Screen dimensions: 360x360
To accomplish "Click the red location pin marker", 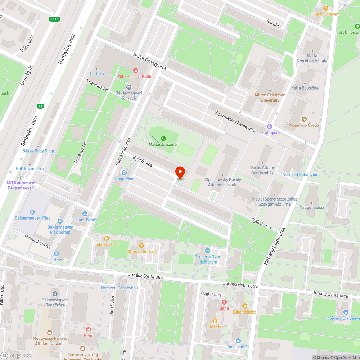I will (x=180, y=172).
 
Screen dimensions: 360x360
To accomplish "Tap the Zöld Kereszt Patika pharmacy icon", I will (x=136, y=71).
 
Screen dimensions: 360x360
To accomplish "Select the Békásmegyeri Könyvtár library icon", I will (x=129, y=87).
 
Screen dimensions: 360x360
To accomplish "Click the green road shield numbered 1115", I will (x=54, y=19).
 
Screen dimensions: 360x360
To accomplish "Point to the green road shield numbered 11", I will (x=40, y=106).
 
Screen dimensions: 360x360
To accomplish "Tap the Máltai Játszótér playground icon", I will (x=163, y=138).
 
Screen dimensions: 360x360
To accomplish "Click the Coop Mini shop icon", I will (x=124, y=173).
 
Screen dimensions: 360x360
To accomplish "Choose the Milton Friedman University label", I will (x=270, y=98).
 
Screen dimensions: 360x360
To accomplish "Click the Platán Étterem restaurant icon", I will (x=326, y=8).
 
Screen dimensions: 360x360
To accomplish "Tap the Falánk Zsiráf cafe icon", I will (x=106, y=238).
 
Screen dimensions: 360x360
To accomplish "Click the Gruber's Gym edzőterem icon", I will (x=207, y=251).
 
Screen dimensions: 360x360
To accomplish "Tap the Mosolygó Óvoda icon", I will (x=304, y=119).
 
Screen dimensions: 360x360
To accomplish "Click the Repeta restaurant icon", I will (x=215, y=320).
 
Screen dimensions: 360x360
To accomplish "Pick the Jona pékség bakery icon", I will (x=238, y=341).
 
